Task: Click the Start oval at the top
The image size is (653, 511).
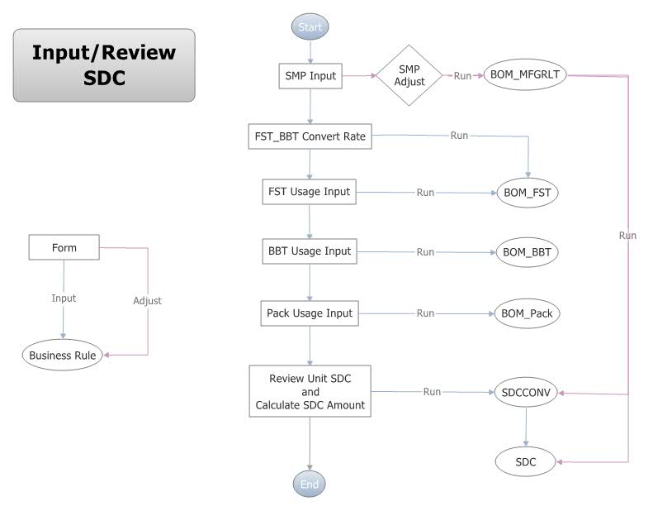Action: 310,27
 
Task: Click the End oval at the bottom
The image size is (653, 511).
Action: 310,485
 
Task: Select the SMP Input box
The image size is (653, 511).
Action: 310,76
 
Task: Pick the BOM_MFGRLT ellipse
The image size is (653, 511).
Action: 525,75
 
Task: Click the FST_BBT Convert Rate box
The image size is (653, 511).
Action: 310,136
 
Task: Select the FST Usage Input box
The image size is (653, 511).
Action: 310,192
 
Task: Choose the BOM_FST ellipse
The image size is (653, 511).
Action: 528,193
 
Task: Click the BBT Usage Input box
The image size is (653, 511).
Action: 310,251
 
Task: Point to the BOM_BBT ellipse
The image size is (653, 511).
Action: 528,252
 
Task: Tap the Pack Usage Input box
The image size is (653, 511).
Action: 310,313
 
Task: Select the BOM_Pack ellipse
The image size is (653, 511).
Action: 528,314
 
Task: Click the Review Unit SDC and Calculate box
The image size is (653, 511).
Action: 310,391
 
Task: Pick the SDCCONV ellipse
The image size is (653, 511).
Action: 527,392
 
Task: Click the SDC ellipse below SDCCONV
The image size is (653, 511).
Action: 527,463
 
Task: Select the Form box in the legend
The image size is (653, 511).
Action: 64,246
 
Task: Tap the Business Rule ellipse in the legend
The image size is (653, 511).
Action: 63,356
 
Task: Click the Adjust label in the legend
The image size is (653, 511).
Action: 147,301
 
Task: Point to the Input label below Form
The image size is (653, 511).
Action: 64,298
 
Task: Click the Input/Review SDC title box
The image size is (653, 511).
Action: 104,64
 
